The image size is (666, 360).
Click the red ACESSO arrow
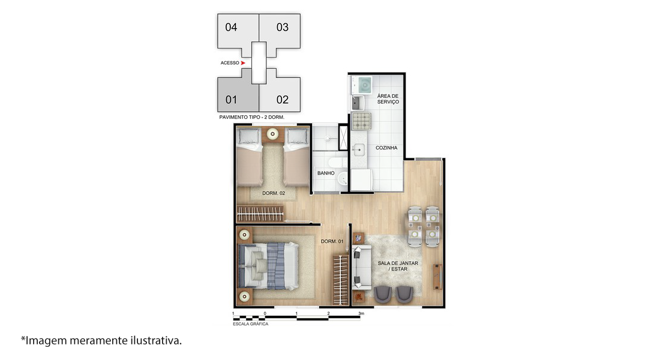(x=243, y=63)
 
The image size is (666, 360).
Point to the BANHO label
(x=326, y=173)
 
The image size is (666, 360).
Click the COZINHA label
(x=386, y=148)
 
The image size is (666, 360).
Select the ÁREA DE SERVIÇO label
(x=388, y=99)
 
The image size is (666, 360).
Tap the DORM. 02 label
(x=274, y=193)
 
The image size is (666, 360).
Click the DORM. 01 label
(x=332, y=241)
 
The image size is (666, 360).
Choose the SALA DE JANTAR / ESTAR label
(x=398, y=266)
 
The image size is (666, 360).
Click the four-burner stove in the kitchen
(x=361, y=121)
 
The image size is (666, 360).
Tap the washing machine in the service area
(x=364, y=85)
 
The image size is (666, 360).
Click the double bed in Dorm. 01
(x=268, y=266)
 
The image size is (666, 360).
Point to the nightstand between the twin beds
(x=272, y=134)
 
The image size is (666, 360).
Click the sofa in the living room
(x=361, y=268)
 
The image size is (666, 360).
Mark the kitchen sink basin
(x=359, y=149)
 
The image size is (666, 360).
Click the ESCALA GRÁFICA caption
(x=251, y=324)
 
